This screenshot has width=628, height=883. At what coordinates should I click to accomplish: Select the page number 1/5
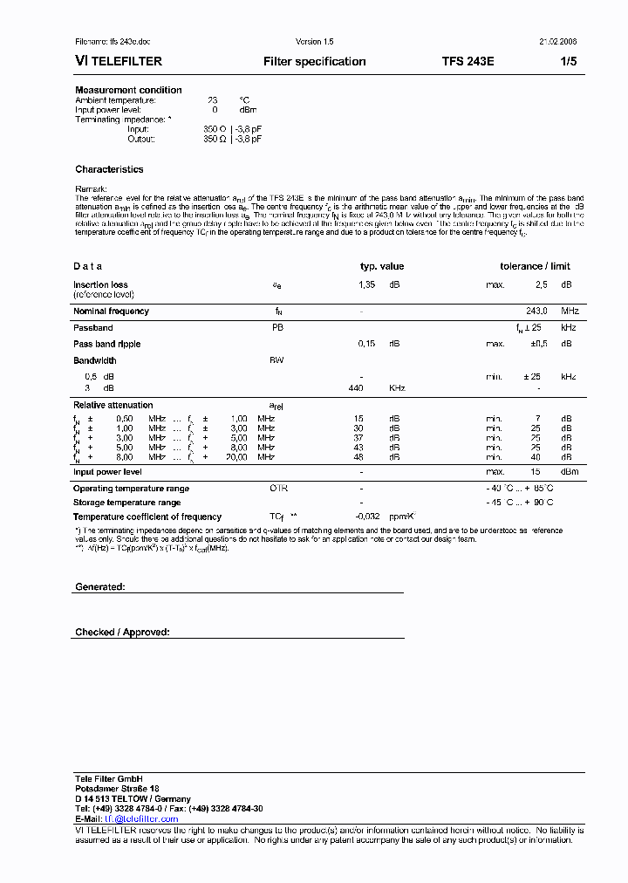point(568,62)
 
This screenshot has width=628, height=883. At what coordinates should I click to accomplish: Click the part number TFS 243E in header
point(468,62)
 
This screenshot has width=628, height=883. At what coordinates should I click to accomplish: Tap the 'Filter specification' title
point(314,62)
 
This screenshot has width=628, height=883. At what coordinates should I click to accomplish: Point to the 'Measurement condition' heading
point(128,90)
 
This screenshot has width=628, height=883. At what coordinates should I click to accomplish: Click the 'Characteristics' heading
point(109,169)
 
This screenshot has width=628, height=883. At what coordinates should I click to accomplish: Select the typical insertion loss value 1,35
point(366,284)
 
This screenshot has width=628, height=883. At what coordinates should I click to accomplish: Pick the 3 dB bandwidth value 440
point(355,387)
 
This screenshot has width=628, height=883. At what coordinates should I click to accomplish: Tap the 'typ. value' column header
point(382,266)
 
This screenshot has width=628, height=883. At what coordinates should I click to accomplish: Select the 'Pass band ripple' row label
point(106,344)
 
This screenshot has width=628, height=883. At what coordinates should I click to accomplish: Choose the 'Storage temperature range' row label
point(127,503)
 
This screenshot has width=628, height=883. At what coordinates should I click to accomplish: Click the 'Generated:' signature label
point(100,587)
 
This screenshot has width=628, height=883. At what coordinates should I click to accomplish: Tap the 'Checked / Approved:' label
point(122,632)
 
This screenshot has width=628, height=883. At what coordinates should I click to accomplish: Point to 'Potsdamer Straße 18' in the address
point(117,788)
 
